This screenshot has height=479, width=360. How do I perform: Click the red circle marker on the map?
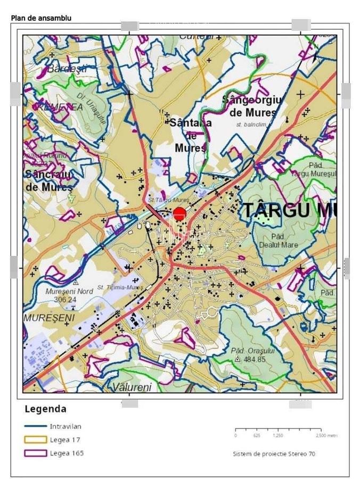179,214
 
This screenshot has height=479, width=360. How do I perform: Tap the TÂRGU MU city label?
290,210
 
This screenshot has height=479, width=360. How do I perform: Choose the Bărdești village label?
67,69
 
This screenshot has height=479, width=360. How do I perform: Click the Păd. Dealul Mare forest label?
277,241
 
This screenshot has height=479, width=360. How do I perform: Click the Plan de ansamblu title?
41,18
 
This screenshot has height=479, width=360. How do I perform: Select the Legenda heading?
45,409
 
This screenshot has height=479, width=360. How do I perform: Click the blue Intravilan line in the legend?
36,426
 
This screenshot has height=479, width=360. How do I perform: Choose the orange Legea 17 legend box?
36,440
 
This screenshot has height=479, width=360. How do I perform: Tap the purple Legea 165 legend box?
36,453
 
